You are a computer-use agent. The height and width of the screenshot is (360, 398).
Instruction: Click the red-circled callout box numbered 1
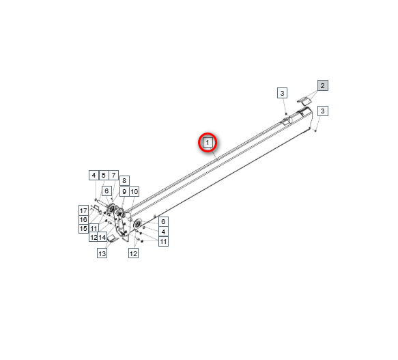click(208, 143)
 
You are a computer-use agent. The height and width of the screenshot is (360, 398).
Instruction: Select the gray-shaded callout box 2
click(323, 85)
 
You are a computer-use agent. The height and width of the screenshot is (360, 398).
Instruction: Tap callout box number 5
click(104, 176)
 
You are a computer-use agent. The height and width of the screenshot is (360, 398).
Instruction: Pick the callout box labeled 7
click(113, 176)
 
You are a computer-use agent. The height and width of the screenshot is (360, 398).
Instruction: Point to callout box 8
click(124, 180)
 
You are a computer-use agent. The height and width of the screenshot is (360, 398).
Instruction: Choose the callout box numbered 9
click(124, 191)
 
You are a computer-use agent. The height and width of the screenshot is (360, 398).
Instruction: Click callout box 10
click(134, 191)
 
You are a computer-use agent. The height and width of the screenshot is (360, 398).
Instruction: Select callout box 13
click(102, 253)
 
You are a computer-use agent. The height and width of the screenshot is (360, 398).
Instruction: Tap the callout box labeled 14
click(102, 237)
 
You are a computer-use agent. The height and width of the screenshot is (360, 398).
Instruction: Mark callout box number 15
click(83, 228)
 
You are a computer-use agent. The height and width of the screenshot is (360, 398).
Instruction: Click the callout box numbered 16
click(83, 219)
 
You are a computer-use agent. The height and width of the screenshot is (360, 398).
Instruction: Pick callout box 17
click(83, 210)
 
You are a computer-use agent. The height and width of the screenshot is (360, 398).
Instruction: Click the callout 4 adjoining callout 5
click(94, 176)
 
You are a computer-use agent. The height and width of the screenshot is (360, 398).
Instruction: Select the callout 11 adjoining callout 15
click(94, 228)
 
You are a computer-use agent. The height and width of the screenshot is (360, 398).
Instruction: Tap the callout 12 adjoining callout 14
click(94, 237)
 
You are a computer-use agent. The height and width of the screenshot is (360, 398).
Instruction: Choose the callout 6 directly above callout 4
click(163, 221)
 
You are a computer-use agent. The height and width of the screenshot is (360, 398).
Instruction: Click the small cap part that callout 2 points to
click(304, 100)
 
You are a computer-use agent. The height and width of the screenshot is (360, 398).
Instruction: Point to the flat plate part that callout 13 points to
click(113, 238)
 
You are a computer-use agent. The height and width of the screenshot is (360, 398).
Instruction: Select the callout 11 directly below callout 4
click(163, 241)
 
